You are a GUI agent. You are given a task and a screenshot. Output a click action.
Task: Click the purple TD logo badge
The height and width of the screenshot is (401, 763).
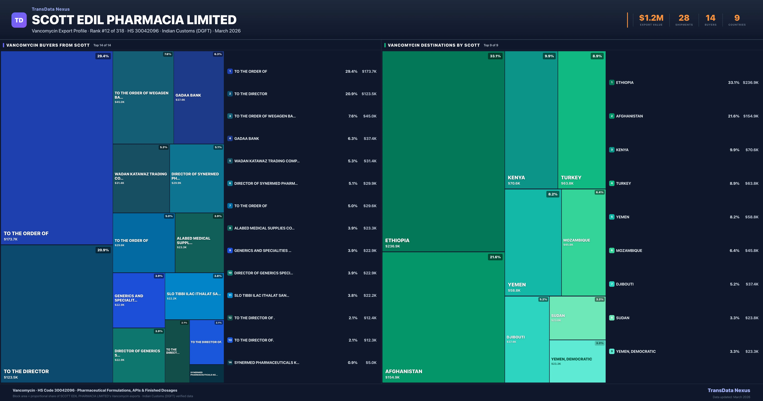pyautogui.click(x=19, y=20)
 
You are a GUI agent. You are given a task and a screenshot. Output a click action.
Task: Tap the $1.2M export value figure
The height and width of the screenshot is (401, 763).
pyautogui.click(x=651, y=18)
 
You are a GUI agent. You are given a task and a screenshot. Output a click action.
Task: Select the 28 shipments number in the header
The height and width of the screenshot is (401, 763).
pyautogui.click(x=684, y=18)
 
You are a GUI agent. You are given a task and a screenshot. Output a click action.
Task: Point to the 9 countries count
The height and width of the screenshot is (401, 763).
pyautogui.click(x=737, y=18)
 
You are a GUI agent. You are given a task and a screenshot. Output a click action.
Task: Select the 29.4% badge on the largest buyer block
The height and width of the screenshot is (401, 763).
pyautogui.click(x=103, y=56)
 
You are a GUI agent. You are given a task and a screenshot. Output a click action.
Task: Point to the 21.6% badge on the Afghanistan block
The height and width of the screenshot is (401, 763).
pyautogui.click(x=495, y=257)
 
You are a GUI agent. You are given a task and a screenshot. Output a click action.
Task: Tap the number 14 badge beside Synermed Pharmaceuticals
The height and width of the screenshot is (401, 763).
pyautogui.click(x=230, y=362)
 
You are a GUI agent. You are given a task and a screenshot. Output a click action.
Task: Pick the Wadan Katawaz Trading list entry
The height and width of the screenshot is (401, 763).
pyautogui.click(x=267, y=161)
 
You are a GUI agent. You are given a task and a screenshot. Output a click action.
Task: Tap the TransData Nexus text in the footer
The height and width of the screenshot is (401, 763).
pyautogui.click(x=729, y=390)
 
